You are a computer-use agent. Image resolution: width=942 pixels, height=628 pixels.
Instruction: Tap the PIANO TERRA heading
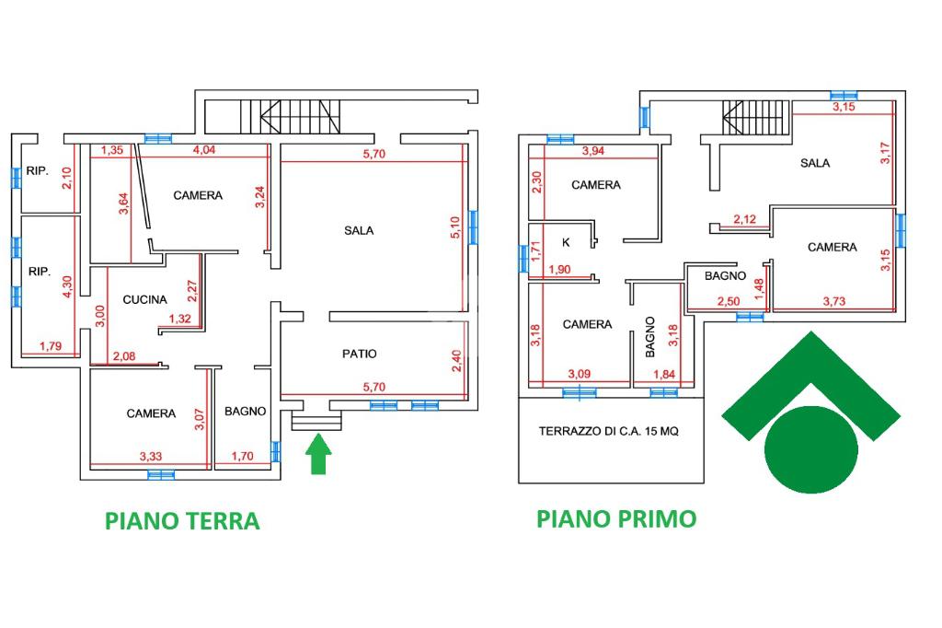coord(182,521)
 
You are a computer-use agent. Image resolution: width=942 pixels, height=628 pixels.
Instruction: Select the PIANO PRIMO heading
coord(616,518)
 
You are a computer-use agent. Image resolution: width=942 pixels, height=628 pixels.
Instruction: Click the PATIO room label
coord(359,354)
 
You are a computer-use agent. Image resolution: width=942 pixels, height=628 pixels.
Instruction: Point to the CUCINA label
coord(145,299)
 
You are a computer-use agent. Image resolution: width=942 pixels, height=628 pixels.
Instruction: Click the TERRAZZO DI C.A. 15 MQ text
coord(611,431)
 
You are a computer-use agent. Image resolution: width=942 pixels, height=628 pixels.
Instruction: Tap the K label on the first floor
coord(566,243)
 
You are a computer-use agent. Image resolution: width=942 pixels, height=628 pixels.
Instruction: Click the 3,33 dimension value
coord(151,456)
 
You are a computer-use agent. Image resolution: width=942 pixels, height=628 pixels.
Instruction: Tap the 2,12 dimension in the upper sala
coord(745,219)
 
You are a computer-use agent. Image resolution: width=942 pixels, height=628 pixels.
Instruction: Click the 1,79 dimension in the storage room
coord(51,346)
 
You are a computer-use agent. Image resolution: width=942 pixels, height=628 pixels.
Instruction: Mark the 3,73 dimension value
coord(834,301)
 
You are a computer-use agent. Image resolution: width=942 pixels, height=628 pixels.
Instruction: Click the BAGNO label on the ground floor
coord(246,412)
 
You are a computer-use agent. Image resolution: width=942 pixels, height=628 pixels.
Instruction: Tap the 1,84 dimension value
coord(663,374)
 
